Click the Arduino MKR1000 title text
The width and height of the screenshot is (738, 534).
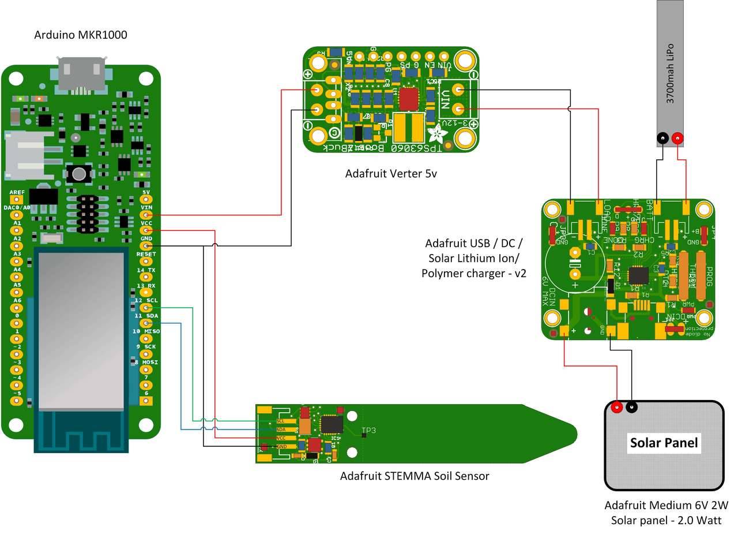[81, 35]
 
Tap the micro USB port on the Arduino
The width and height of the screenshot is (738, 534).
[81, 75]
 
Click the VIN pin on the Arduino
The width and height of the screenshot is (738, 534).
[146, 215]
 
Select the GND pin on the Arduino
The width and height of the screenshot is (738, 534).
[146, 245]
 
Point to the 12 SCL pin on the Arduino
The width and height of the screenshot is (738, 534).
[146, 308]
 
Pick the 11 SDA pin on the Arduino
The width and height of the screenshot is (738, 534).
[146, 323]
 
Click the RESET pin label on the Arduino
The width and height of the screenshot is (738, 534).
[146, 254]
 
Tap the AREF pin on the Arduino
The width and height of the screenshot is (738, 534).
[17, 199]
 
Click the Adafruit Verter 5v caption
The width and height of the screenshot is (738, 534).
[391, 173]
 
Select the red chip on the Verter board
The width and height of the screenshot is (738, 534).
[409, 99]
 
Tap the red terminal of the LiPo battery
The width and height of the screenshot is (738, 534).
[677, 139]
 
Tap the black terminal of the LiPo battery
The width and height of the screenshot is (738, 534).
[663, 139]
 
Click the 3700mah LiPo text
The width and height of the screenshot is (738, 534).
[670, 73]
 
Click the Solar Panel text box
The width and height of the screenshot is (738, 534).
[664, 443]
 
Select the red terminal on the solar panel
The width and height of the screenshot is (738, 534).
[617, 407]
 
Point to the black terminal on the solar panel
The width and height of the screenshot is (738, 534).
[632, 407]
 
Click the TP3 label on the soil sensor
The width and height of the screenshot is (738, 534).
[368, 431]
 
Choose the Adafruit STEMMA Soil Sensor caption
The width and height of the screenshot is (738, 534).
[414, 476]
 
